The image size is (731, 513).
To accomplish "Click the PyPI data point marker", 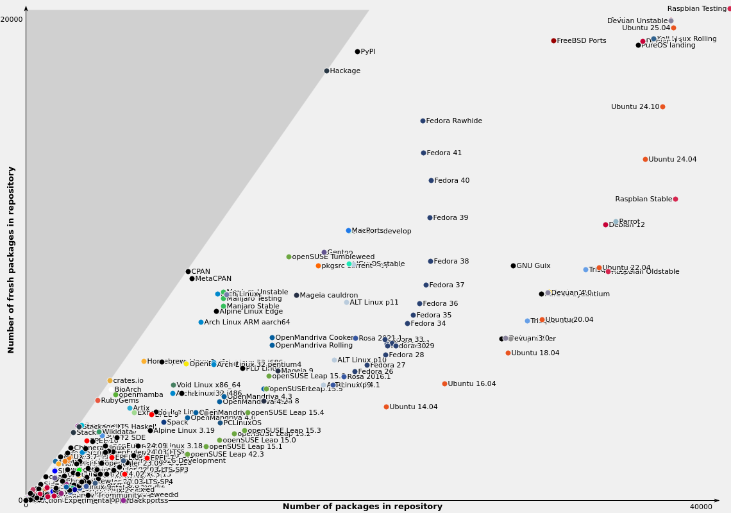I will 358,51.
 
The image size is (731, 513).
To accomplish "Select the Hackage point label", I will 345,71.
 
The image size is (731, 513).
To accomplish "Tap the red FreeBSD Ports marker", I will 553,40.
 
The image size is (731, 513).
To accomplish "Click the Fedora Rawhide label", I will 454,121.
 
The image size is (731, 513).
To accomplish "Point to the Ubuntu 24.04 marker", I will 645,159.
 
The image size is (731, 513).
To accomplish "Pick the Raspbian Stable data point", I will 675,199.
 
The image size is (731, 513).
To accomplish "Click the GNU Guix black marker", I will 513,265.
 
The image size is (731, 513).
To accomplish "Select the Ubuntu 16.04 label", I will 471,384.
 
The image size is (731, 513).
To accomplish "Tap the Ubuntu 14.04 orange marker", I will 386,407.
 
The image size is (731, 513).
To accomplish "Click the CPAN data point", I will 188,271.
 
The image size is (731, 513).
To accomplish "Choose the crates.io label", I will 128,381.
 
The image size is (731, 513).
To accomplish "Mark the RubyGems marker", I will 97,400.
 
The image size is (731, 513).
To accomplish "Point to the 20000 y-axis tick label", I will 12,20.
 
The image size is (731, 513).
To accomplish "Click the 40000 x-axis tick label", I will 700,507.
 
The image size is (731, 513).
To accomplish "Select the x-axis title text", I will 362,507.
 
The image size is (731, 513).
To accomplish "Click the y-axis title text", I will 12,260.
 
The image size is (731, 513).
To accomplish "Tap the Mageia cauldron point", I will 296,295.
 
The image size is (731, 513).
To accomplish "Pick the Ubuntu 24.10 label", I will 635,107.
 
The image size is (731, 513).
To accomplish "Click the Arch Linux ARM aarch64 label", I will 247,323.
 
